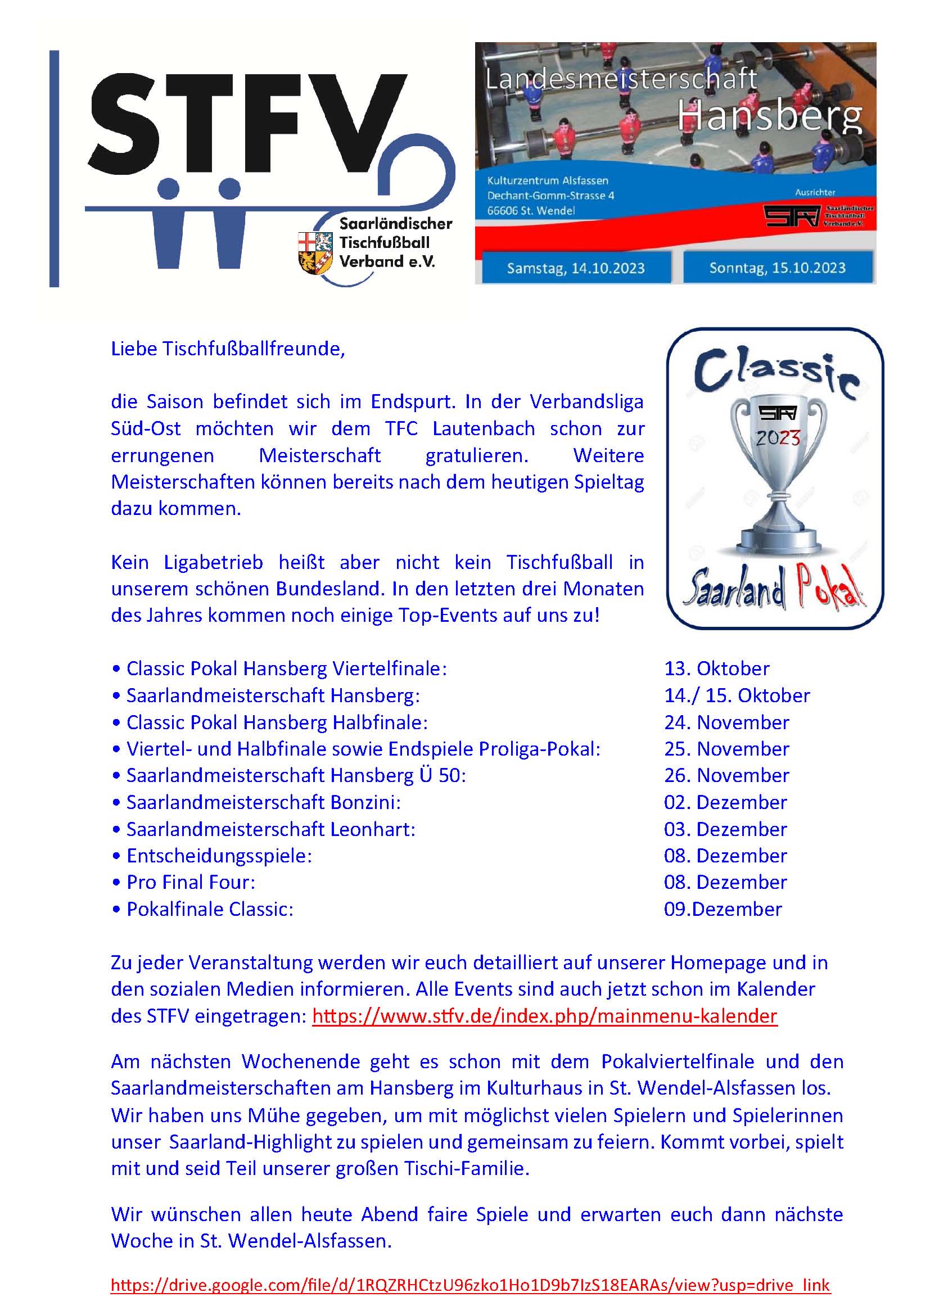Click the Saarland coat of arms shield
tap(315, 252)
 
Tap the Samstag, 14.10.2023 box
tap(576, 268)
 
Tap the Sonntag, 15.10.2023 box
tap(777, 268)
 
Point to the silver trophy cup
tap(777, 476)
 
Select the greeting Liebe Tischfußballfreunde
tap(228, 348)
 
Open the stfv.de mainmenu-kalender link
tap(544, 1015)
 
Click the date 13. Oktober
tap(716, 668)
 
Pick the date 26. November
tap(726, 775)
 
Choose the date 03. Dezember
tap(725, 829)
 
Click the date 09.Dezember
tap(723, 909)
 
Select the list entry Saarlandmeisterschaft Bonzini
tap(263, 802)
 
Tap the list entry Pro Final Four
tap(190, 882)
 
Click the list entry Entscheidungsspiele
tap(219, 856)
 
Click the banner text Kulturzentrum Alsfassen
tap(548, 180)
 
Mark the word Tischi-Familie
tap(466, 1168)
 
